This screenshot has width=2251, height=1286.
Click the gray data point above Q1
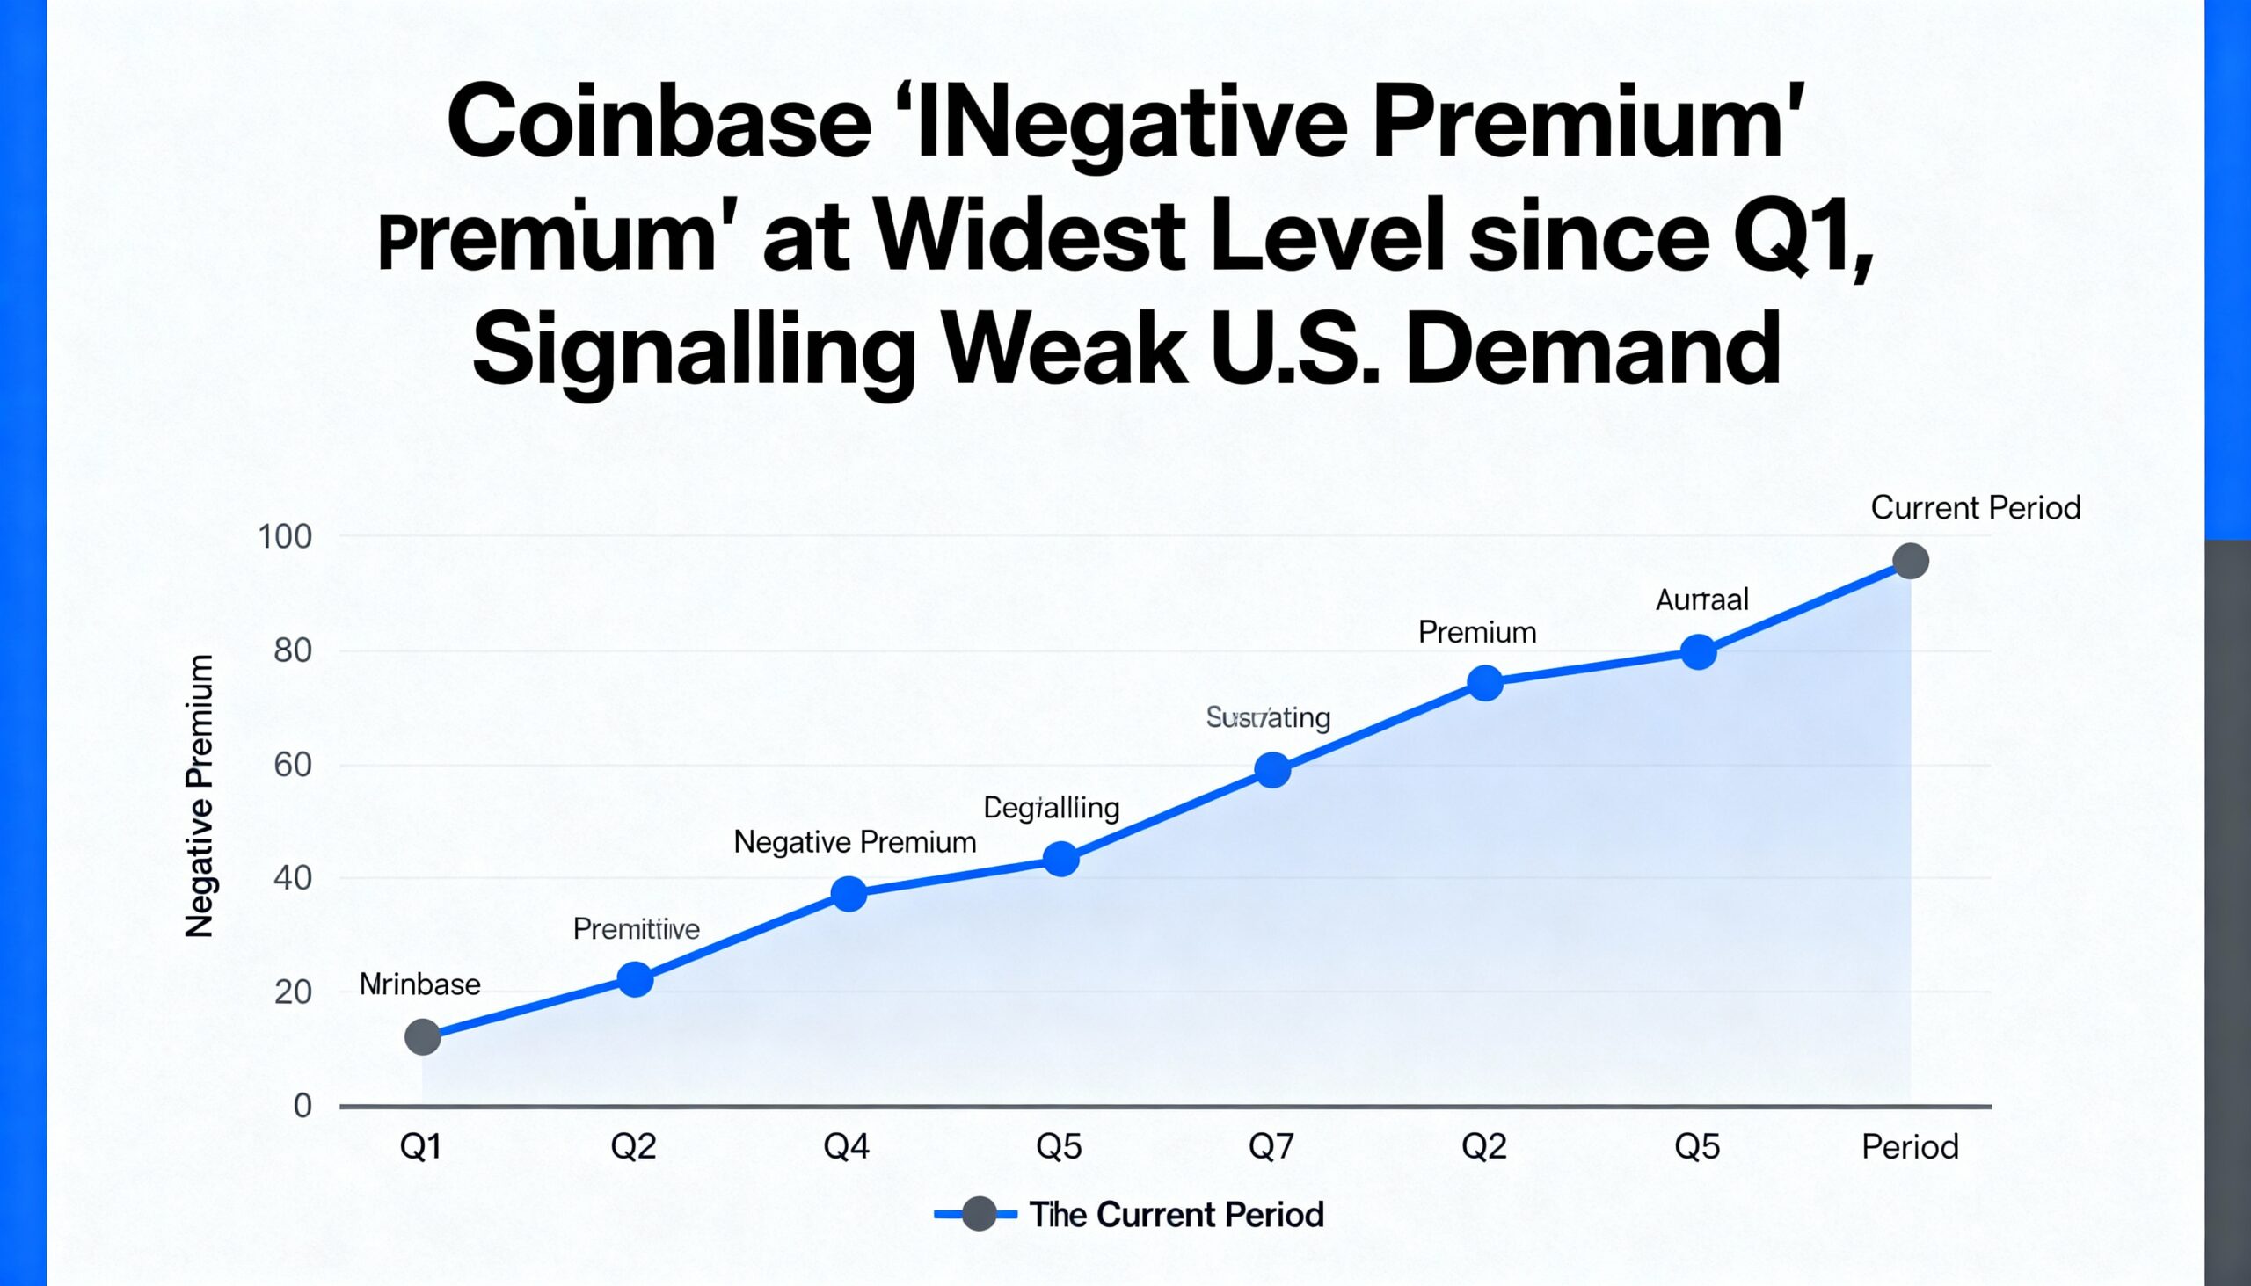(422, 1036)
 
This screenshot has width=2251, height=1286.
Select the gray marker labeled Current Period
(1910, 561)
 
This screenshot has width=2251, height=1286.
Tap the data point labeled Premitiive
(635, 978)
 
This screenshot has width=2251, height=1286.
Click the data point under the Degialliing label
(1060, 859)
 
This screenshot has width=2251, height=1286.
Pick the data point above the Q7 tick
(1272, 769)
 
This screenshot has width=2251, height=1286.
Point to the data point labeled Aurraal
(1698, 652)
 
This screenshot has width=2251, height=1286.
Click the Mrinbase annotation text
(419, 984)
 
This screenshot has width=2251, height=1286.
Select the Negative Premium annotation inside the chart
(855, 842)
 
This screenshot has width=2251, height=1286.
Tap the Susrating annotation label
(1268, 717)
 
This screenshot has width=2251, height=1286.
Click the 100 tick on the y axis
(285, 536)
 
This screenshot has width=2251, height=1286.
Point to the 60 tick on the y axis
(293, 764)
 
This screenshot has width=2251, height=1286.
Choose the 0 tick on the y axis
(302, 1105)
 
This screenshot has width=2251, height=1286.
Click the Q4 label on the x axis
(847, 1146)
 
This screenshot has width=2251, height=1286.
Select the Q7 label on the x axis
(1271, 1146)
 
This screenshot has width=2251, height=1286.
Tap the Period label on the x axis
(1909, 1146)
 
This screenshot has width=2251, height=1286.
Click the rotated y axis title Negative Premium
(200, 795)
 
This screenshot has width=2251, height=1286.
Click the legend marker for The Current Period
(978, 1214)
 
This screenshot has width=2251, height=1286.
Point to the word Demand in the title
(1592, 350)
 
